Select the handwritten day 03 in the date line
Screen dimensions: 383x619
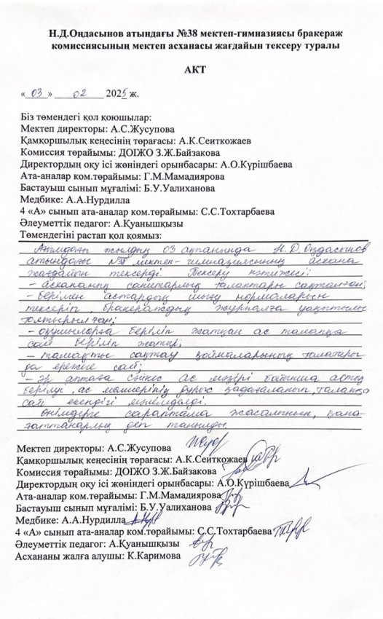(x=38, y=94)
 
